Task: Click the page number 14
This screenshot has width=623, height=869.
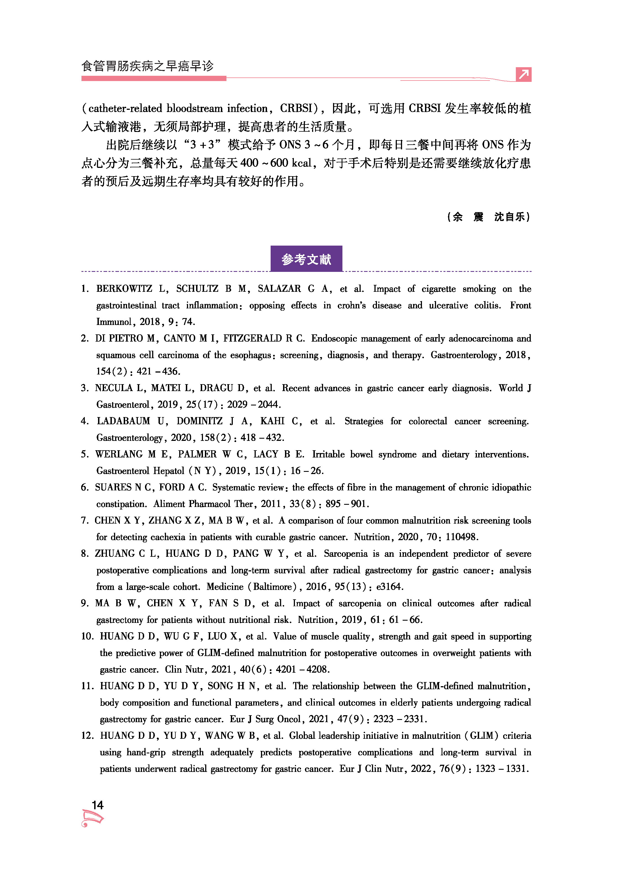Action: [x=97, y=805]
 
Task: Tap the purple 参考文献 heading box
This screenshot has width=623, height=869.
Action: [x=306, y=259]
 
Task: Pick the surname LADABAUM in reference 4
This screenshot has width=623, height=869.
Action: [x=123, y=421]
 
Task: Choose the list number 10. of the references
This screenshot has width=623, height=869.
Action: [x=87, y=636]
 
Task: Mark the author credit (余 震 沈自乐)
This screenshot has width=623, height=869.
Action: [x=489, y=217]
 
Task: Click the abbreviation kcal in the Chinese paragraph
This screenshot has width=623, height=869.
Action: [x=301, y=163]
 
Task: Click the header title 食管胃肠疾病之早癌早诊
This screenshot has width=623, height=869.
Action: [x=147, y=66]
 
